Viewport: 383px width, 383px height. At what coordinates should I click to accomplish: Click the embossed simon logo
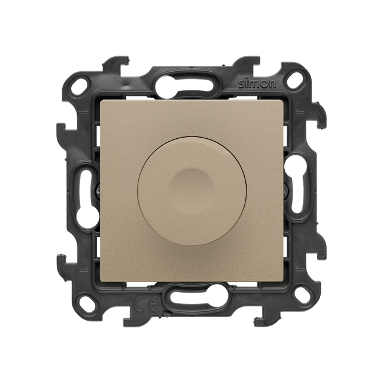[257, 84]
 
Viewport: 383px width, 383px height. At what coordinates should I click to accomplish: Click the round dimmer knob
[190, 191]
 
